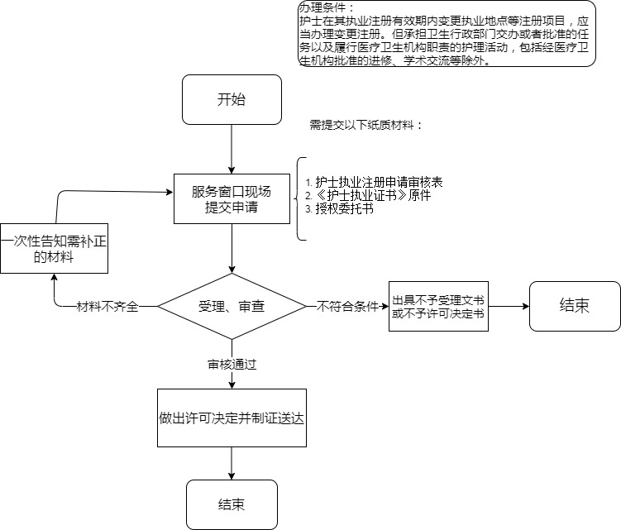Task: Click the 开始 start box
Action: pos(232,100)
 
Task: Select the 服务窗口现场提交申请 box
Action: pos(232,199)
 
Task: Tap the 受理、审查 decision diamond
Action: pos(232,306)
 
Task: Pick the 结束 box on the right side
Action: pos(575,306)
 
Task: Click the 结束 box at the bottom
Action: pos(232,504)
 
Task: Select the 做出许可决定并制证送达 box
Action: pos(232,418)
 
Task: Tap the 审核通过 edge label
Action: pos(232,364)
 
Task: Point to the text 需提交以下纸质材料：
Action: pos(365,126)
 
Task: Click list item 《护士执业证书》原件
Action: pos(367,196)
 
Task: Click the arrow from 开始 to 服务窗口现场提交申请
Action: pos(232,149)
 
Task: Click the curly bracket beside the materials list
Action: pos(299,199)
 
